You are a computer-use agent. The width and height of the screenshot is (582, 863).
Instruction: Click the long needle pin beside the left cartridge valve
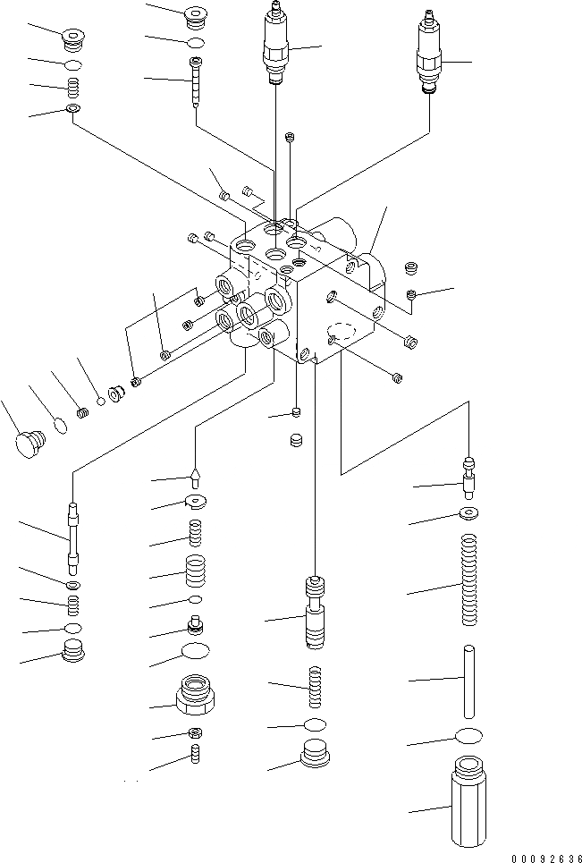tap(196, 81)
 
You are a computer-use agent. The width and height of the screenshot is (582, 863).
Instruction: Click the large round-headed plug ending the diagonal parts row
tap(31, 443)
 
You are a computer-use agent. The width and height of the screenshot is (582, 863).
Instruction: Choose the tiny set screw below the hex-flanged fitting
tap(195, 756)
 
